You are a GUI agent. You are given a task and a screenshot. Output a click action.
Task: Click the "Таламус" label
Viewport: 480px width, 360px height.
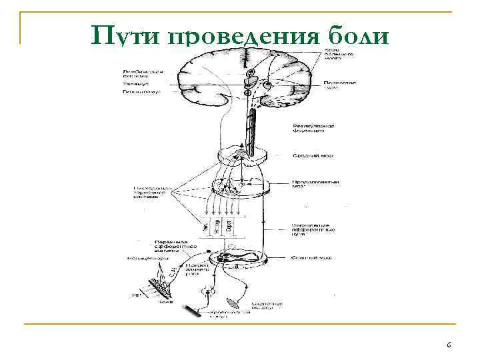(136, 85)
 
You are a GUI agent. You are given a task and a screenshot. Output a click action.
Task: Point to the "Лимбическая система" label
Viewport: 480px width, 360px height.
(141, 73)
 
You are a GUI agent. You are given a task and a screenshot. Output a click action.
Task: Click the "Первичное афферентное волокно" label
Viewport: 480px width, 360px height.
(156, 245)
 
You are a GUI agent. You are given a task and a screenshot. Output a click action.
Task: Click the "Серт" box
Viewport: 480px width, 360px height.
(229, 225)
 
